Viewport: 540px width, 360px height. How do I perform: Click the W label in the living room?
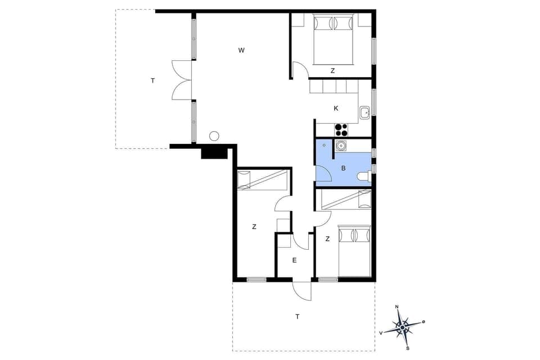pos(241,51)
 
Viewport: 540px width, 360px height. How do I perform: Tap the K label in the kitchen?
pos(336,108)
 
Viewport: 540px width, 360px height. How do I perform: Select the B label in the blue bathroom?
pos(343,168)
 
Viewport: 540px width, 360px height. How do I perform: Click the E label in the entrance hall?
pos(294,260)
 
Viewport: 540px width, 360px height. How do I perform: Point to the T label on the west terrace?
pos(152,81)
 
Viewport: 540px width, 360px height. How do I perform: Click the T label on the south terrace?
pos(297,317)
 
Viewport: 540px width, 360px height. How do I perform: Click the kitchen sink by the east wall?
pos(364,112)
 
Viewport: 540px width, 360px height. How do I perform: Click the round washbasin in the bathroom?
pos(341,146)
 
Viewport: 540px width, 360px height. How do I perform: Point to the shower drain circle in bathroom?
pos(324,145)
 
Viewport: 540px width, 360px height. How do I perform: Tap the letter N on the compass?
pos(397,307)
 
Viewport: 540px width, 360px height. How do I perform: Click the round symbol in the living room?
pos(214,136)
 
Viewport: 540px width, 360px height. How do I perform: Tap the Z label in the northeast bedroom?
pos(332,71)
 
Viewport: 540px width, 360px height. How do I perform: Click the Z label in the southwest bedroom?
pos(254,227)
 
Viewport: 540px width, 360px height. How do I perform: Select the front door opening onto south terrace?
pos(302,290)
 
